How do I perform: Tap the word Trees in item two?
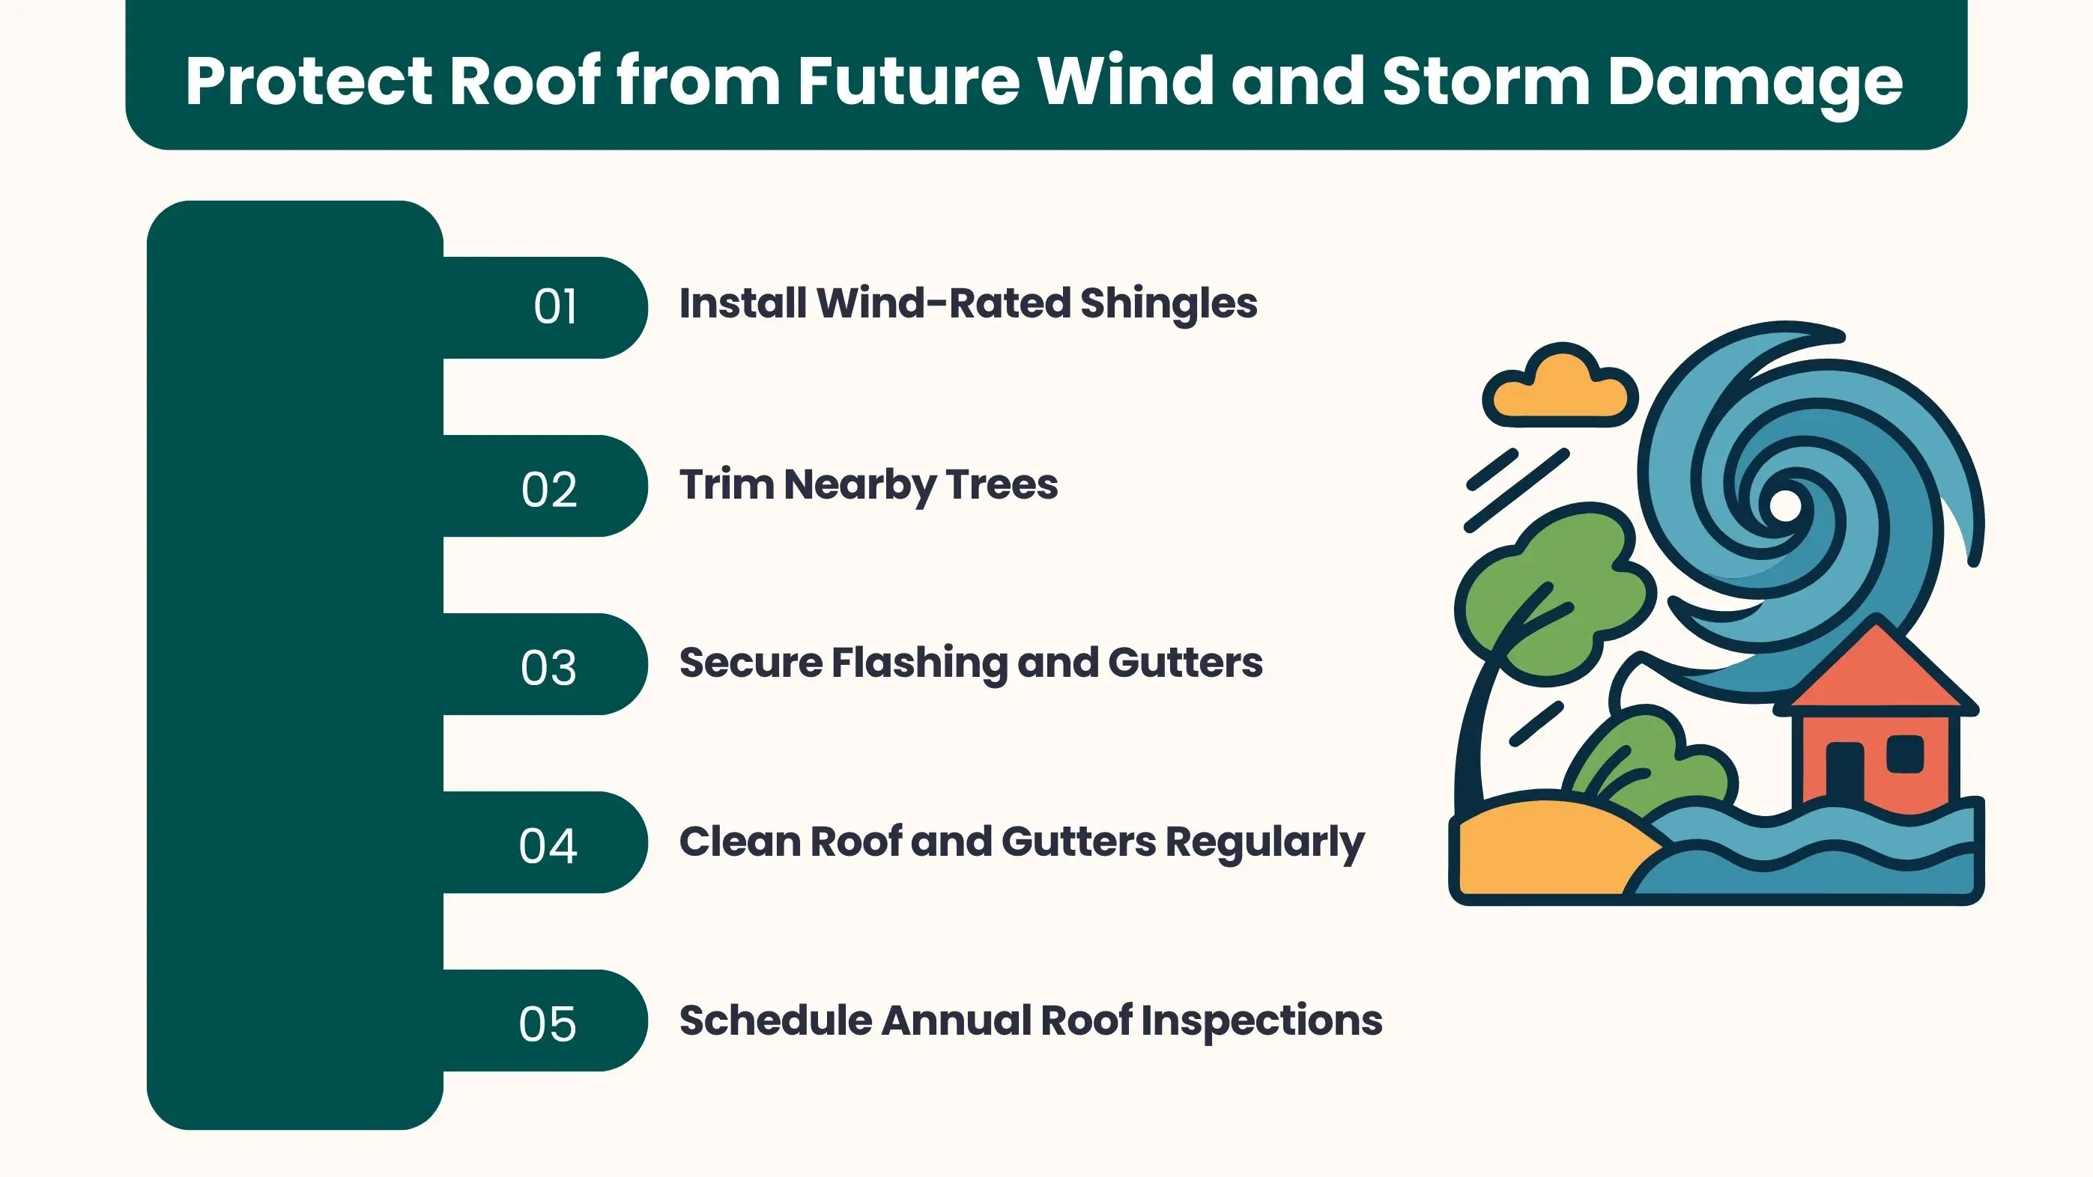coord(1002,485)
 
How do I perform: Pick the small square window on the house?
coord(1904,754)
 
